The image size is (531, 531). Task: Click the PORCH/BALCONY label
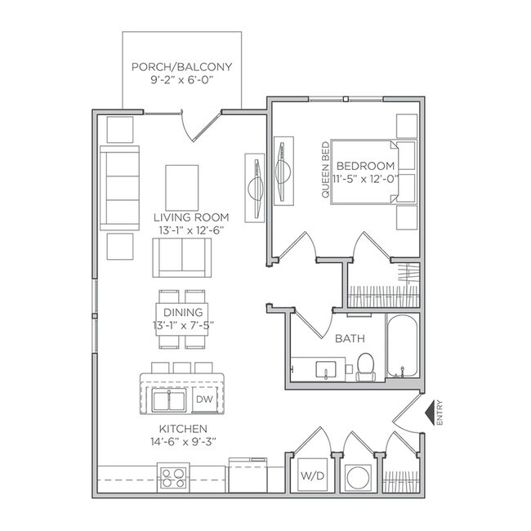pyautogui.click(x=181, y=67)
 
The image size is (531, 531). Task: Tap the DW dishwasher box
pyautogui.click(x=204, y=399)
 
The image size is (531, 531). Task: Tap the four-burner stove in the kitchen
pyautogui.click(x=173, y=476)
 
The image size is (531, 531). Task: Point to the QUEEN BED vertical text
pyautogui.click(x=324, y=171)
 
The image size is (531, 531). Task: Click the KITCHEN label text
pyautogui.click(x=183, y=429)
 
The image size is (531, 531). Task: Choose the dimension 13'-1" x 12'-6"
pyautogui.click(x=190, y=230)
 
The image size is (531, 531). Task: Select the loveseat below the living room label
pyautogui.click(x=181, y=260)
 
